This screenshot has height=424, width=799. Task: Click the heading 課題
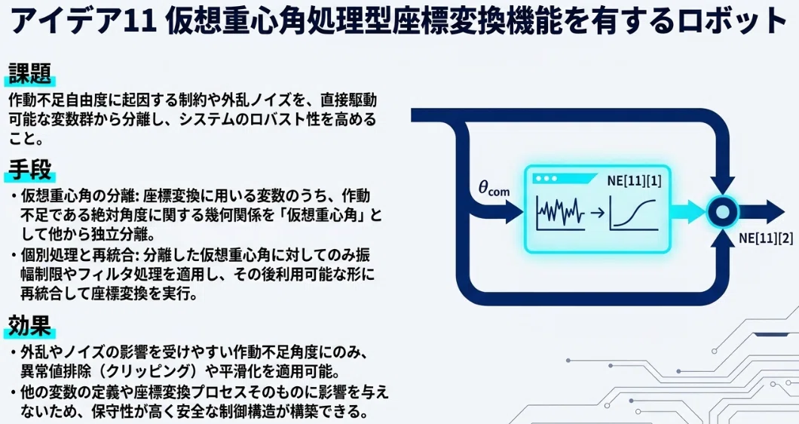[30, 73]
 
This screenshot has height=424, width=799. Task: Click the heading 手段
[30, 169]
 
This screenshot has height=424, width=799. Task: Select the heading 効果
[30, 325]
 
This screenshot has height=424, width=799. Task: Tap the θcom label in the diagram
[494, 189]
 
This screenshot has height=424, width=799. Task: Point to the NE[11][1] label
[634, 181]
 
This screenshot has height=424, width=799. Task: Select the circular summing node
[723, 211]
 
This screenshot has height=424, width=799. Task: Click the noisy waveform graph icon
[560, 212]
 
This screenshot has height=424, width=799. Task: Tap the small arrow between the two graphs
[597, 212]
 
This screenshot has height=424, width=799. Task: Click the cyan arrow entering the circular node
[688, 211]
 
